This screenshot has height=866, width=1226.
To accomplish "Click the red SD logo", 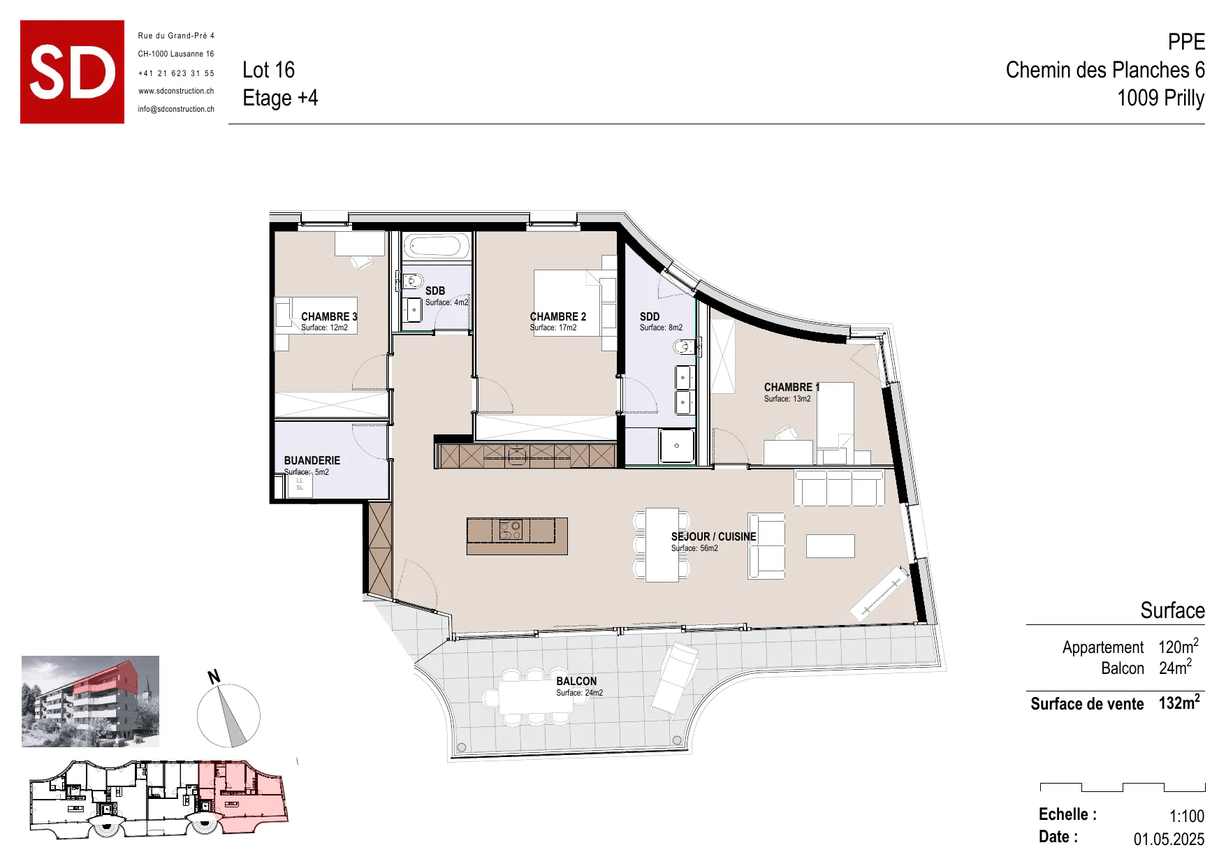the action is tap(72, 72).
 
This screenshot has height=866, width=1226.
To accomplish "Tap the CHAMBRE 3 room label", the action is tap(329, 316).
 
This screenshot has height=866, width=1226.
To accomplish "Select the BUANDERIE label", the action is tap(312, 460).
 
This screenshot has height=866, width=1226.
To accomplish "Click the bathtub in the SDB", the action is tap(436, 247).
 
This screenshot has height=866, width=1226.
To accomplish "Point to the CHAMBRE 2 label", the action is tap(558, 316).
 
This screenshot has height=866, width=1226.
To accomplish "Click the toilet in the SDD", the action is tap(684, 347).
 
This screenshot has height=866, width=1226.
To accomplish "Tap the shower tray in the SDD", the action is tap(677, 446).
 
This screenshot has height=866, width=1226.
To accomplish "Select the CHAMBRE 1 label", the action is tap(791, 387).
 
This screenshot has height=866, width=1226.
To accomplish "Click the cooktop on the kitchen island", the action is tap(511, 530).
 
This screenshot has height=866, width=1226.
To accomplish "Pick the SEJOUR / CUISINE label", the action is tap(713, 536).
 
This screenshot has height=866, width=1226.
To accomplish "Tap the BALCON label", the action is tap(576, 681).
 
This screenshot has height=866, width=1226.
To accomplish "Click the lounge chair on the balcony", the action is tap(675, 678).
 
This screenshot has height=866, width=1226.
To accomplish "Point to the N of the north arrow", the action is tap(214, 676).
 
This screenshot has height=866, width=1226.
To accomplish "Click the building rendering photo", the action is tap(90, 701).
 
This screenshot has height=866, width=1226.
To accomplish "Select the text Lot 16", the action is tap(268, 70).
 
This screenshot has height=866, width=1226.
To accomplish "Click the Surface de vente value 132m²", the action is tap(1179, 702).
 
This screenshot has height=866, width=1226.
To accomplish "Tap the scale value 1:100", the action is tap(1187, 816).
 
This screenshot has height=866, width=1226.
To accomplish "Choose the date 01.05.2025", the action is tap(1169, 839).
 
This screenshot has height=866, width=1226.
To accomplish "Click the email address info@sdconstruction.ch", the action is tap(176, 109).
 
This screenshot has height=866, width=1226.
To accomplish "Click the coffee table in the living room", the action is tap(830, 546).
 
